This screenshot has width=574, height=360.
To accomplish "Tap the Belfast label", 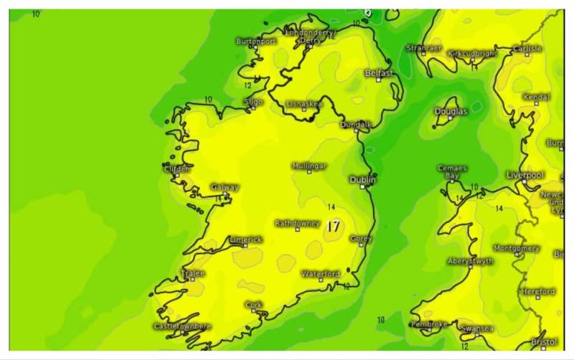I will click(x=379, y=73).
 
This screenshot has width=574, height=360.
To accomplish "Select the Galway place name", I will click(x=225, y=187).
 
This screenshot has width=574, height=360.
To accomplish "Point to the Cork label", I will click(x=253, y=304).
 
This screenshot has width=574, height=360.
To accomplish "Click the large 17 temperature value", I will click(x=332, y=226).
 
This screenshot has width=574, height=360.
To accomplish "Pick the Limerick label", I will click(x=245, y=240).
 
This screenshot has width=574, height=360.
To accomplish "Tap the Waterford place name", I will click(x=320, y=274).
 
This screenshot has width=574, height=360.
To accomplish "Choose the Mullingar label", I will click(x=309, y=166).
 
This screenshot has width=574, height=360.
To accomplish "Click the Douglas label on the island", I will click(x=451, y=111).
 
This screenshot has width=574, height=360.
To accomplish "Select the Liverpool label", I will click(x=525, y=175).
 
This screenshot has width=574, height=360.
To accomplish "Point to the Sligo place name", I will click(x=253, y=103).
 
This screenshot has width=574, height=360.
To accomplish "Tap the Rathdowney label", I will click(x=297, y=223).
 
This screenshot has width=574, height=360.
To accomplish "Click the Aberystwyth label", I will click(x=470, y=261).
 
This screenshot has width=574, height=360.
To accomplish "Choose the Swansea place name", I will click(x=476, y=328).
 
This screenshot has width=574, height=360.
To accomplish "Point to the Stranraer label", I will click(x=424, y=48).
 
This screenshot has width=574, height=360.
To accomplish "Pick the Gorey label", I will click(x=361, y=239).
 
